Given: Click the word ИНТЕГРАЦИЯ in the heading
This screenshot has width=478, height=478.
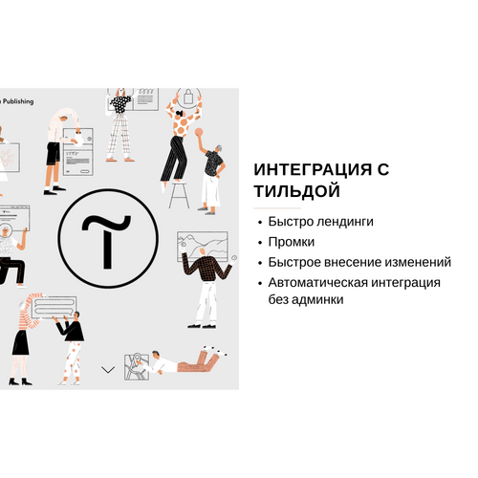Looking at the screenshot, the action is (313, 169).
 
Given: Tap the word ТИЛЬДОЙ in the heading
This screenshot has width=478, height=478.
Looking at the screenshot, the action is (297, 191).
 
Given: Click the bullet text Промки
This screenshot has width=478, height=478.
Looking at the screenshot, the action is (292, 242).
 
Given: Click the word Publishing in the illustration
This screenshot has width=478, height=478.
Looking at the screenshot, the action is (18, 101).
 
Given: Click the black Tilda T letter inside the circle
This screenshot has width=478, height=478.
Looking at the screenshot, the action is (107, 241).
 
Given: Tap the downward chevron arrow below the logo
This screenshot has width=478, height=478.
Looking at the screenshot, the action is (108, 370).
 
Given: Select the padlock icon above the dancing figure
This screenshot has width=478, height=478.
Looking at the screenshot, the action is (188, 97).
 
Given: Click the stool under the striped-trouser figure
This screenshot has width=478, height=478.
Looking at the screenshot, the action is (179, 195).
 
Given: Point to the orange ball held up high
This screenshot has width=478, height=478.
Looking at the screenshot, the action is (199, 132).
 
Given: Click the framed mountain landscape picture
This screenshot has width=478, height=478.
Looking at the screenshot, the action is (203, 246).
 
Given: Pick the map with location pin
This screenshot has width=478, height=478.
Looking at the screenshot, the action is (137, 367).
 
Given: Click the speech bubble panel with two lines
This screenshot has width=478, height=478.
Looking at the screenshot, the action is (54, 307).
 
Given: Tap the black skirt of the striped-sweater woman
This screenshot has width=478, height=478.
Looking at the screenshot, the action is (21, 342).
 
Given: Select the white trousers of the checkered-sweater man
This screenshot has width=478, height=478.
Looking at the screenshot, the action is (206, 301).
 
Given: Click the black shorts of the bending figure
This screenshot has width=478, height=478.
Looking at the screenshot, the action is (53, 154).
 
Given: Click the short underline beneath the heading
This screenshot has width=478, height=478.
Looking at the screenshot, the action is (277, 208).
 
